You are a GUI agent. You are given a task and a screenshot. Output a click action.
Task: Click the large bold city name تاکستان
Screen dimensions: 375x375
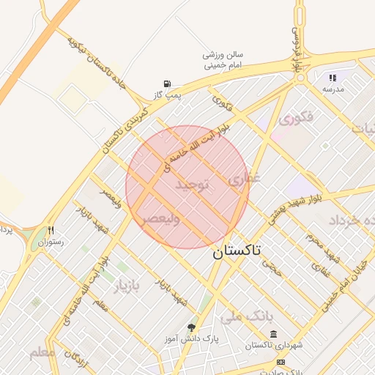pos(237,253)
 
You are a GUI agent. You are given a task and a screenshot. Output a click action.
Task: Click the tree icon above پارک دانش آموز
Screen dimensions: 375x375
pos(192,327)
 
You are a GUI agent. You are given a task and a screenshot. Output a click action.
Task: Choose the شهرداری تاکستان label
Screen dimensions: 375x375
pos(271,345)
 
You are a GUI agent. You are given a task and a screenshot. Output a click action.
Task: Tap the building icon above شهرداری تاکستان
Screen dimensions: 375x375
pos(272,334)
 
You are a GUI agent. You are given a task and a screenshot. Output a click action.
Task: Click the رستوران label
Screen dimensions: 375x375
pos(51,242)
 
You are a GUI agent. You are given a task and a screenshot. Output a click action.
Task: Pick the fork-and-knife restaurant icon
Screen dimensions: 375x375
pos(51,230)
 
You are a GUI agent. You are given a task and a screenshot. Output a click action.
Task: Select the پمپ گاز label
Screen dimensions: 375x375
pos(166,95)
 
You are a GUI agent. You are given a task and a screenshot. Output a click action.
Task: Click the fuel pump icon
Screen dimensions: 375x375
pos(168,83)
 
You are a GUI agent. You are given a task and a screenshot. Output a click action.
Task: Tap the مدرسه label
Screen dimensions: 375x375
pos(333,89)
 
